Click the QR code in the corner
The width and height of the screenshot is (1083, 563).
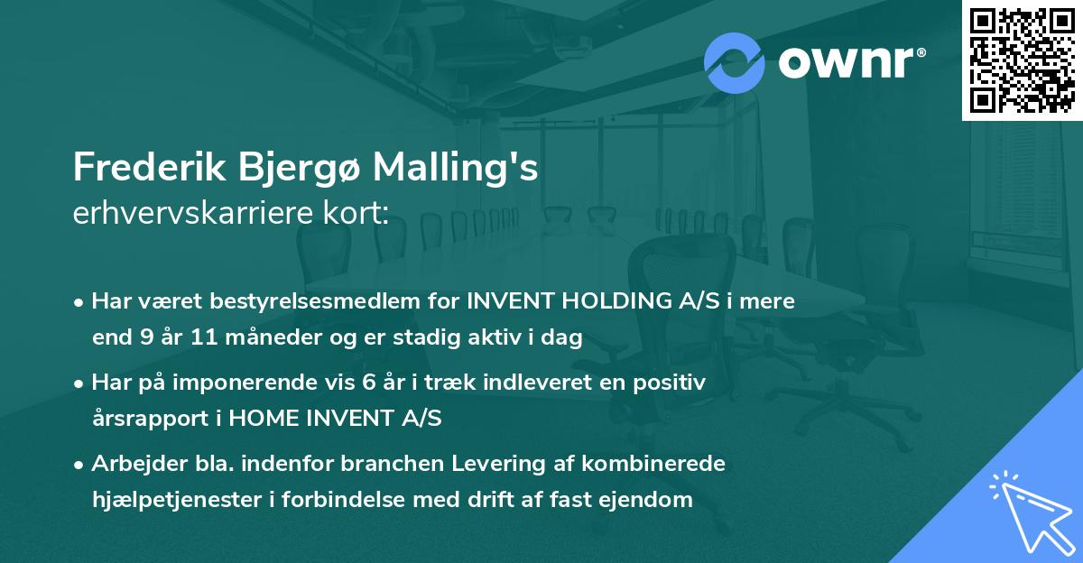click(x=1022, y=60)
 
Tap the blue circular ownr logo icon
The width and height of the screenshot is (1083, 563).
click(x=735, y=62)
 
